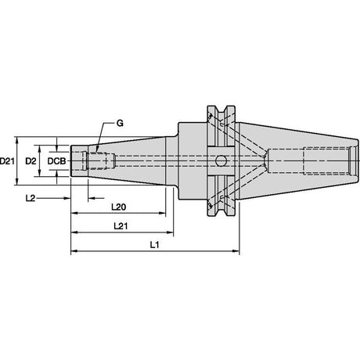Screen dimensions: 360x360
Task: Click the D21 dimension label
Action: [7, 161]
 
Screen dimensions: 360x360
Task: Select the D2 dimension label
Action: [31, 161]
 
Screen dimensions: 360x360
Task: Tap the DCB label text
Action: [56, 161]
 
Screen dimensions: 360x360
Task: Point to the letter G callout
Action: [120, 124]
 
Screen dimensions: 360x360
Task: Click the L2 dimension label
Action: [31, 198]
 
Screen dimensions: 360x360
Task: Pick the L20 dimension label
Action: [119, 207]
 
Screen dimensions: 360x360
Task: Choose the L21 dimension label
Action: [121, 226]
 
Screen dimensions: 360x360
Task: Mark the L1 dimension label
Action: [154, 245]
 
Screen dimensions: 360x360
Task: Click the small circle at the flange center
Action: [221, 161]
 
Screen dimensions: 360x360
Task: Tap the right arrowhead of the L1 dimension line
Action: [236, 251]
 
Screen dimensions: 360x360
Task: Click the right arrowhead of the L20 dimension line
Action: [162, 213]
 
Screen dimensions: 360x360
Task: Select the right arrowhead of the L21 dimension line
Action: [170, 232]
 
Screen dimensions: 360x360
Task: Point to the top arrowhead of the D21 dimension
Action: [17, 140]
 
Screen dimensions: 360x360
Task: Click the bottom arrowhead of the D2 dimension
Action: [40, 173]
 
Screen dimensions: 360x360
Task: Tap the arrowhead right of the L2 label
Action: [67, 198]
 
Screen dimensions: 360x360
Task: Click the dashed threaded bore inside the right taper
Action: [326, 161]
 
